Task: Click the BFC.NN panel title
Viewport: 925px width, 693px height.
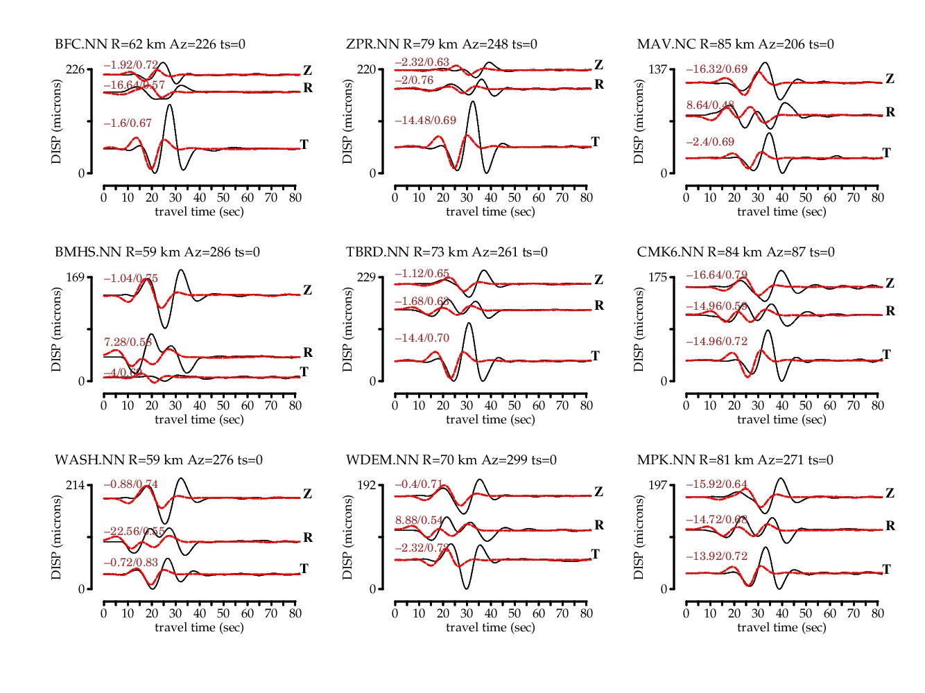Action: pyautogui.click(x=150, y=44)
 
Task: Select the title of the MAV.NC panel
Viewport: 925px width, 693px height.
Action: pyautogui.click(x=735, y=44)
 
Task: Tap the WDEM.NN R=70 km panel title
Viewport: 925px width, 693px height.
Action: pyautogui.click(x=451, y=460)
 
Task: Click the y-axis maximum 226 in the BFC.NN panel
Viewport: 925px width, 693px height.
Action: pyautogui.click(x=75, y=69)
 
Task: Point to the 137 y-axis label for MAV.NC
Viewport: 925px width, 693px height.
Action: pyautogui.click(x=657, y=69)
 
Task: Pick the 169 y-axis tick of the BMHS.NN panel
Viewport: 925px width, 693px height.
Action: pyautogui.click(x=75, y=277)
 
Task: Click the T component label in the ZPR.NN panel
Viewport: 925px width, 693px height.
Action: pyautogui.click(x=595, y=142)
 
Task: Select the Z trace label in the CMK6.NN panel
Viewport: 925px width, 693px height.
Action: pyautogui.click(x=890, y=283)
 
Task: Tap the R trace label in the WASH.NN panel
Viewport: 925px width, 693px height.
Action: pyautogui.click(x=308, y=538)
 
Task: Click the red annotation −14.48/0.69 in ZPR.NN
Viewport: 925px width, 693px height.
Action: pyautogui.click(x=426, y=121)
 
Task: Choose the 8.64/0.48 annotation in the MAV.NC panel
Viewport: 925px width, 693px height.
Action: pyautogui.click(x=710, y=105)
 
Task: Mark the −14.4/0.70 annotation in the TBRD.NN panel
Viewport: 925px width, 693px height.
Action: pyautogui.click(x=422, y=338)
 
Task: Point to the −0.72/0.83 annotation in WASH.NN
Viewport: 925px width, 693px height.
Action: pyautogui.click(x=131, y=563)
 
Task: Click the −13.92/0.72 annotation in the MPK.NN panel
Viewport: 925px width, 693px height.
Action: pyautogui.click(x=717, y=556)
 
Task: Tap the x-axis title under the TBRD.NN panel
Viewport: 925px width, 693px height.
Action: pyautogui.click(x=490, y=419)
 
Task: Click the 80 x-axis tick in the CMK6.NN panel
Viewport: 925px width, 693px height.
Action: pyautogui.click(x=878, y=405)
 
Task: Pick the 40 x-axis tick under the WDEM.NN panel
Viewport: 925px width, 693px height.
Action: pyautogui.click(x=491, y=613)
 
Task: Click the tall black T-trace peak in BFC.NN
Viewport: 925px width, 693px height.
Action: pyautogui.click(x=170, y=105)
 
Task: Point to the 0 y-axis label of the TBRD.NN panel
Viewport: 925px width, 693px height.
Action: pyautogui.click(x=372, y=381)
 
